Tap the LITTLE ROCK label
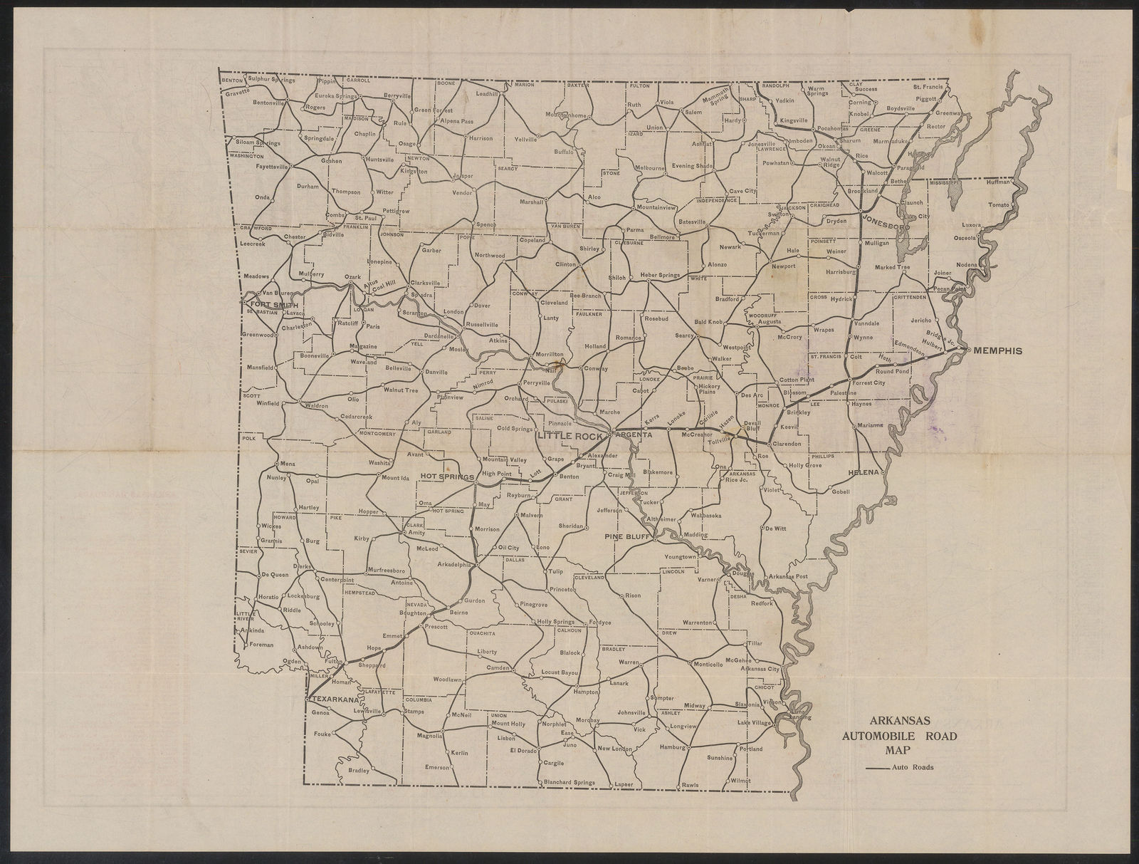pyautogui.click(x=570, y=435)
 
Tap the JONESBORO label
pyautogui.click(x=886, y=222)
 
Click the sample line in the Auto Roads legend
pyautogui.click(x=877, y=768)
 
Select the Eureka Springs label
pyautogui.click(x=336, y=95)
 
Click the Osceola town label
pyautogui.click(x=962, y=238)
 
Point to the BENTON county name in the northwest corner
pyautogui.click(x=231, y=80)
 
